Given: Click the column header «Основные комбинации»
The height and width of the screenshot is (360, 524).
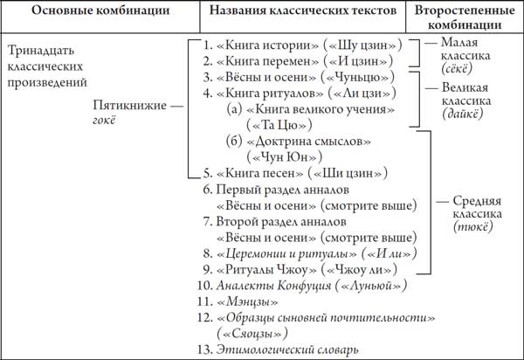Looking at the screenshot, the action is pos(100,10).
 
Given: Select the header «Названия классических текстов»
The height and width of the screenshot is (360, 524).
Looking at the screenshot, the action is pos(303,10).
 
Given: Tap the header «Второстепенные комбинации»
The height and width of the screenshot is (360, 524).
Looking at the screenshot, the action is pos(465,17).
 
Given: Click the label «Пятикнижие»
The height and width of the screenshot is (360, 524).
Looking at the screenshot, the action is pos(129,106).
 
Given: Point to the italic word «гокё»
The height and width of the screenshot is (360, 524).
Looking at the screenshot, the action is pos(104,120).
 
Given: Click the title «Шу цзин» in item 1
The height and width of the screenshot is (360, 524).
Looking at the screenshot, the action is pos(362,45).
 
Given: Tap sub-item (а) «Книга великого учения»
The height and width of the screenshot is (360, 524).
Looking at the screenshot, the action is pos(321,109).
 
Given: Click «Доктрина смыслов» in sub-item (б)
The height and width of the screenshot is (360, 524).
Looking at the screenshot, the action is pos(308,142).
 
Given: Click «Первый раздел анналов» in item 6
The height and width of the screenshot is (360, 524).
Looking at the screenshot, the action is pos(282,190).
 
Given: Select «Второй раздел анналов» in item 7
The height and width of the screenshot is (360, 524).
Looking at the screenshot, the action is pos(281,222).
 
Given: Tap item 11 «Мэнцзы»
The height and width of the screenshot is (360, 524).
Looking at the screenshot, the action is pos(247,301).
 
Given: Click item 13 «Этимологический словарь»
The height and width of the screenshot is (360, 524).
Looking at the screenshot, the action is pos(287,350).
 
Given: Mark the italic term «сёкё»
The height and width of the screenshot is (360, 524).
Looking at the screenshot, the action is pos(457,68).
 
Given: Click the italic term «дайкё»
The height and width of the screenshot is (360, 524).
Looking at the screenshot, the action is pos(463,114).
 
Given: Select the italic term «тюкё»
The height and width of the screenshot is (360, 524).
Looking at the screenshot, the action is pos(472,227).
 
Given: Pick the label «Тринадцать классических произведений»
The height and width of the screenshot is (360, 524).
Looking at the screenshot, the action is pos(47,66).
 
